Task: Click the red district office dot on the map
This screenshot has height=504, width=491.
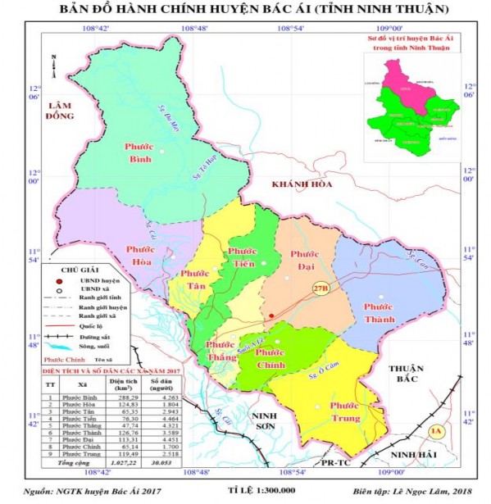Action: click(271, 315)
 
